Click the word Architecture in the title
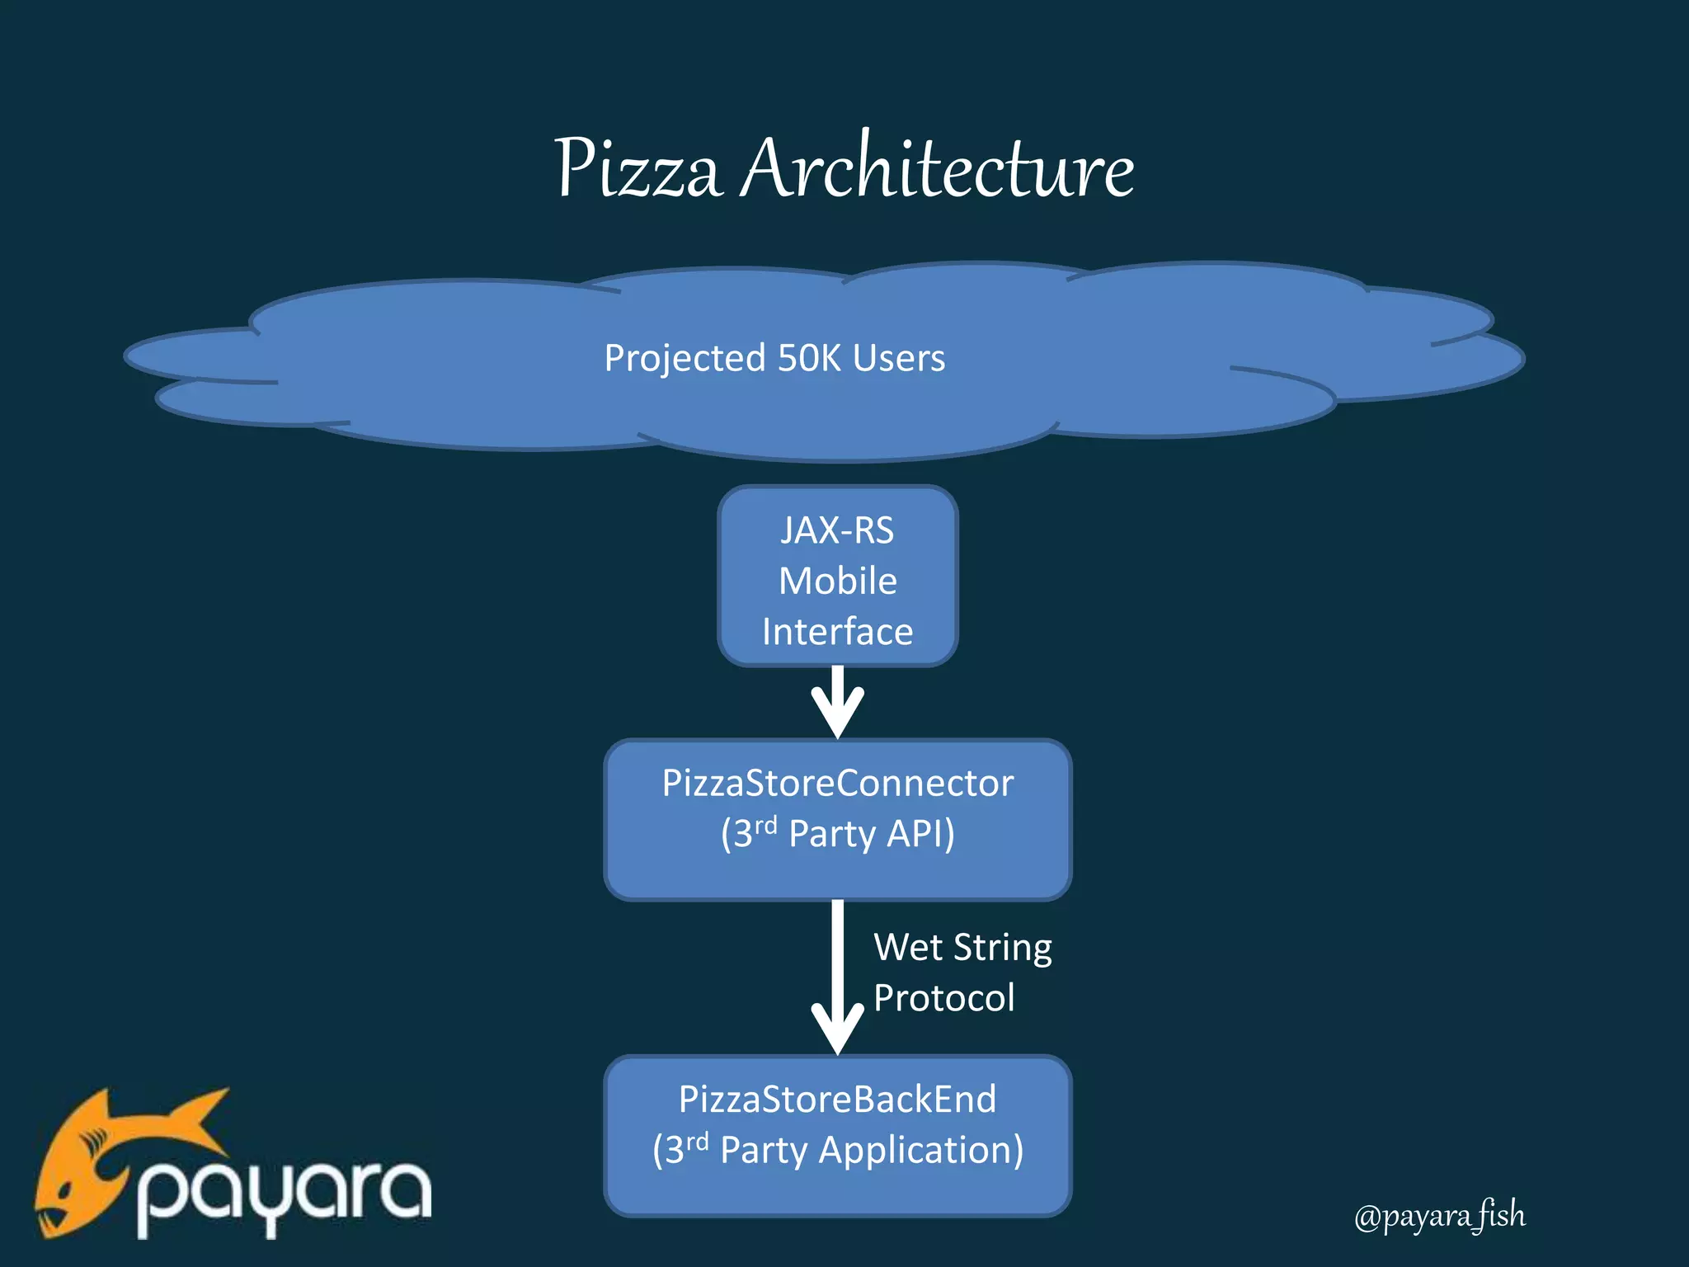pyautogui.click(x=937, y=169)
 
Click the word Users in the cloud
pyautogui.click(x=898, y=358)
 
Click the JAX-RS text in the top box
pyautogui.click(x=837, y=530)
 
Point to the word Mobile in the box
pyautogui.click(x=837, y=581)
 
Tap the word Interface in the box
pyautogui.click(x=837, y=632)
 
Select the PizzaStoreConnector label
pyautogui.click(x=837, y=783)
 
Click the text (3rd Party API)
pyautogui.click(x=837, y=833)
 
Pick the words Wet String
pyautogui.click(x=962, y=947)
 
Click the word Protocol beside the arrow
pyautogui.click(x=943, y=998)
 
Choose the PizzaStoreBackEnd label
pyautogui.click(x=837, y=1099)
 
